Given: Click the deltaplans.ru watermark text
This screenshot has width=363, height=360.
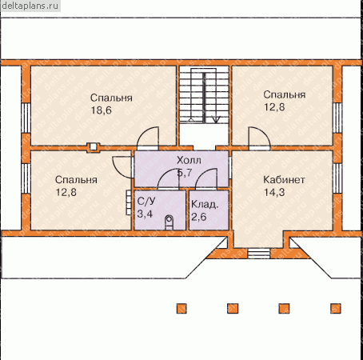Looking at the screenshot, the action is click(x=30, y=6).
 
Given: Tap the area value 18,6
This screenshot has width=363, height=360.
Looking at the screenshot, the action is click(x=102, y=110).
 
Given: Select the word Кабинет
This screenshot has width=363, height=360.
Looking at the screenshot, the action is click(x=284, y=180).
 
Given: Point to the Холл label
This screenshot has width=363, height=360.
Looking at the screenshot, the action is click(x=189, y=160).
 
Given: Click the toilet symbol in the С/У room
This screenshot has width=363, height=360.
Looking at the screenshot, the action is click(x=169, y=222).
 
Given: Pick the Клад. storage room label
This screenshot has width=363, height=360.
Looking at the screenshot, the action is click(x=205, y=205).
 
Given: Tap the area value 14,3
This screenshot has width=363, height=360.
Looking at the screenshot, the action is click(x=274, y=192).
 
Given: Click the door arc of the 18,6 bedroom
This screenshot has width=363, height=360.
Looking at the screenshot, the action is click(x=148, y=137).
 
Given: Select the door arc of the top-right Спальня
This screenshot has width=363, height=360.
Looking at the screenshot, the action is click(x=259, y=137).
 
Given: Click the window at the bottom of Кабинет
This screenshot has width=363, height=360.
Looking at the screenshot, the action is click(x=259, y=254).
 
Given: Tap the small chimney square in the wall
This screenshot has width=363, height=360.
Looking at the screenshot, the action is click(x=94, y=147).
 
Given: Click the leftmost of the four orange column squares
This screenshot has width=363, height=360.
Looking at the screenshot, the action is click(x=181, y=308).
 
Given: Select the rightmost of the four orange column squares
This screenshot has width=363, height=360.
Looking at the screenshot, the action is click(x=336, y=308).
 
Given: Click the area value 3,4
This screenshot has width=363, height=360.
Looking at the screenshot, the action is click(x=145, y=214).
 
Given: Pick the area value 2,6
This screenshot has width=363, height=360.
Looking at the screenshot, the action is click(x=199, y=217).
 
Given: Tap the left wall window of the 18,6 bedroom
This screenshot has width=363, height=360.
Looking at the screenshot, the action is click(x=26, y=118).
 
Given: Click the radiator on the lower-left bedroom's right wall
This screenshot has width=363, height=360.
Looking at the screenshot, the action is click(x=129, y=202).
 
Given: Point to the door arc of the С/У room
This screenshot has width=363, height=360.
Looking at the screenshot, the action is click(x=168, y=179).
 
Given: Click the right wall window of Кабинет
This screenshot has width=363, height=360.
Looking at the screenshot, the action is click(x=337, y=178).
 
